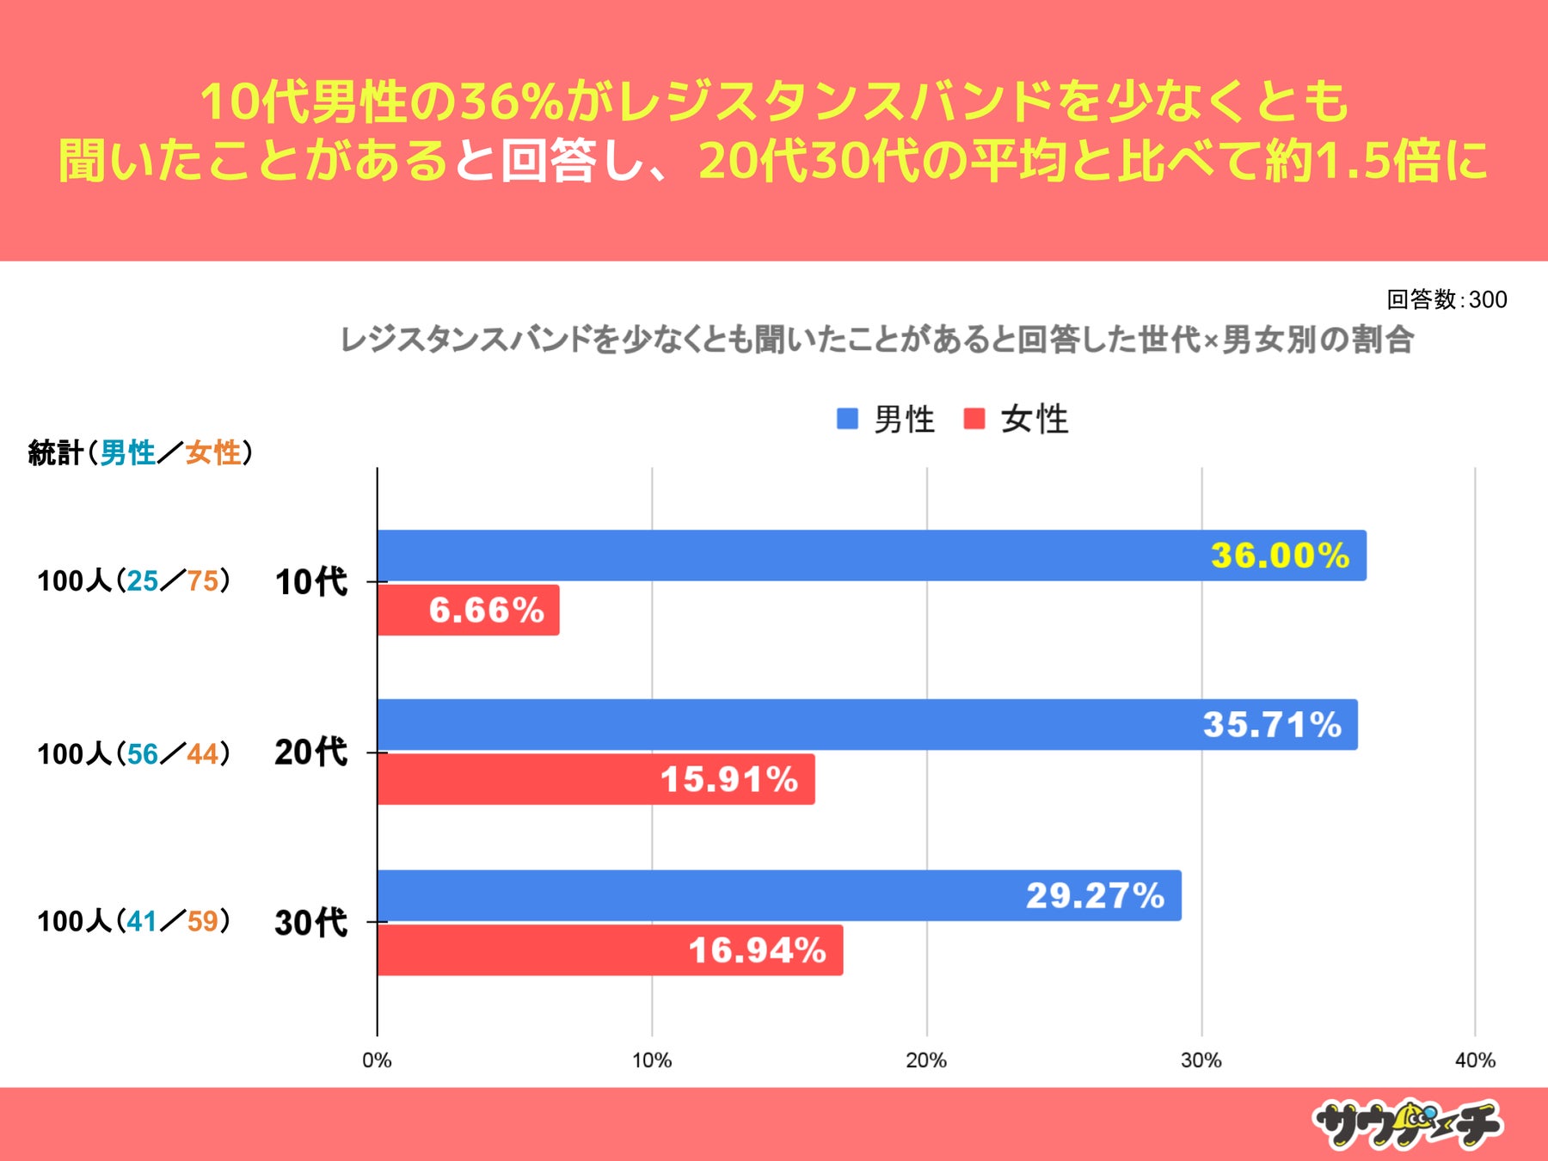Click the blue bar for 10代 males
(x=870, y=556)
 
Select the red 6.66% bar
(x=468, y=611)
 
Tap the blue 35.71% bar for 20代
(x=867, y=725)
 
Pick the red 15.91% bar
(x=595, y=780)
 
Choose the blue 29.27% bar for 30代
(x=778, y=895)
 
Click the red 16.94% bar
(x=610, y=950)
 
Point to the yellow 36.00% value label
(x=1280, y=556)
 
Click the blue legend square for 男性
(x=847, y=419)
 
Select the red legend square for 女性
(x=974, y=419)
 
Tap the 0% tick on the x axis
(x=377, y=1060)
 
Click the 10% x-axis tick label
(x=652, y=1060)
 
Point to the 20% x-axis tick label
(x=926, y=1060)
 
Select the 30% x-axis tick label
(x=1201, y=1060)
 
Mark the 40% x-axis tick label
(x=1475, y=1060)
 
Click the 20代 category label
(x=310, y=752)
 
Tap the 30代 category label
(x=310, y=923)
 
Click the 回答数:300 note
(x=1447, y=299)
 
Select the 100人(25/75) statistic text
(x=133, y=581)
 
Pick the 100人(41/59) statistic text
(x=133, y=921)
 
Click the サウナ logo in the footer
(x=1407, y=1124)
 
